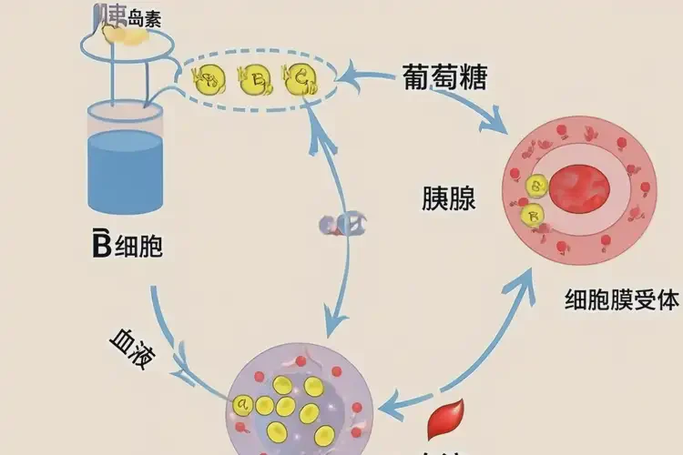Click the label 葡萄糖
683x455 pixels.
(x=445, y=77)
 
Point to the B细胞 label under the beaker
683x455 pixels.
(x=127, y=247)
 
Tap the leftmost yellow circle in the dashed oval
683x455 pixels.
(x=210, y=78)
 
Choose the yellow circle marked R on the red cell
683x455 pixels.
(x=532, y=217)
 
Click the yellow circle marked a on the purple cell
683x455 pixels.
(x=242, y=402)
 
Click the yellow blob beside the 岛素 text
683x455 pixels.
(x=123, y=34)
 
